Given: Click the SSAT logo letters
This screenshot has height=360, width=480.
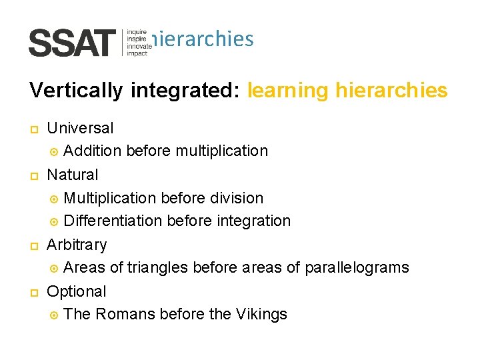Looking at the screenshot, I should tap(72, 43).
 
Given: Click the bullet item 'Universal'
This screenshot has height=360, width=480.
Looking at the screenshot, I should tap(80, 127).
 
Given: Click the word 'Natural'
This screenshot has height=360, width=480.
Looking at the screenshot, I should tap(73, 175).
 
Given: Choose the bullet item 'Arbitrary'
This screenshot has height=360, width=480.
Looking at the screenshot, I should tap(77, 245).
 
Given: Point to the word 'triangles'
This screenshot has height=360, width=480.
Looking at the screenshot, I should tap(157, 268).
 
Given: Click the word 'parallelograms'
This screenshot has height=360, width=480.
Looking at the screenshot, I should tap(357, 268).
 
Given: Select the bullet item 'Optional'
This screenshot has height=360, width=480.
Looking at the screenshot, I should tap(77, 291).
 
